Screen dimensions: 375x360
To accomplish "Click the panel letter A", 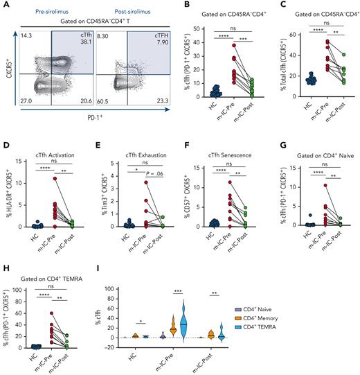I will click(6, 6).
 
